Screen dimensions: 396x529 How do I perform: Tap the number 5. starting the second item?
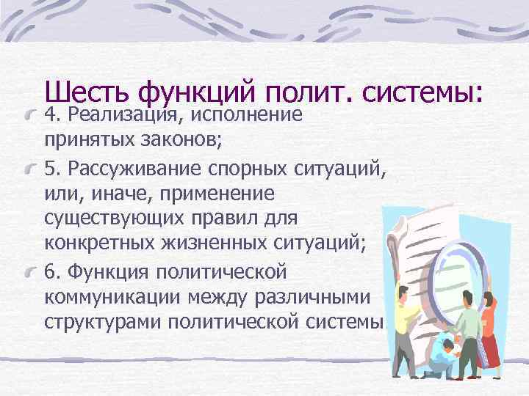pos(52,167)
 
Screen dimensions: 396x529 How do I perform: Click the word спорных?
pos(250,168)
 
